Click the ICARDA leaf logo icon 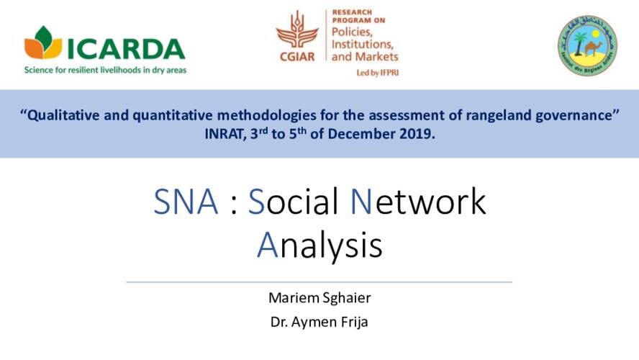pyautogui.click(x=43, y=43)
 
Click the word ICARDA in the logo pyautogui.click(x=126, y=48)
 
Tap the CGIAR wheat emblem pyautogui.click(x=296, y=33)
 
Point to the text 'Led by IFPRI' pyautogui.click(x=376, y=73)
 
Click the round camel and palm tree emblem pyautogui.click(x=586, y=45)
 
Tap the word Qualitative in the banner pyautogui.click(x=63, y=117)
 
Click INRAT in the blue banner pyautogui.click(x=225, y=134)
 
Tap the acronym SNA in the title pyautogui.click(x=186, y=202)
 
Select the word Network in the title pyautogui.click(x=418, y=202)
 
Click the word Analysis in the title pyautogui.click(x=319, y=246)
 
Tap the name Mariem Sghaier pyautogui.click(x=319, y=298)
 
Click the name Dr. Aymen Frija pyautogui.click(x=319, y=322)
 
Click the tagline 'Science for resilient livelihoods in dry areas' pyautogui.click(x=105, y=71)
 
